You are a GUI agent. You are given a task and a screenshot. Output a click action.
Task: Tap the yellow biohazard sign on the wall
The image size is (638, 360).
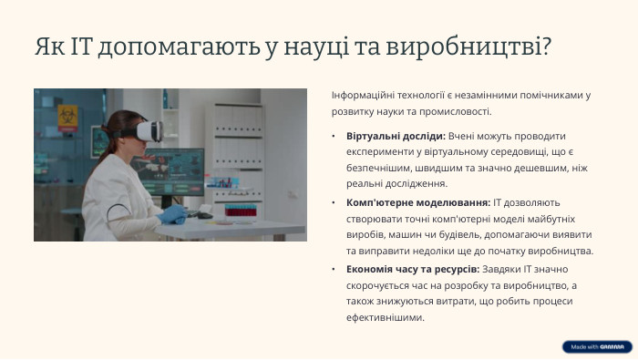pyautogui.click(x=67, y=116)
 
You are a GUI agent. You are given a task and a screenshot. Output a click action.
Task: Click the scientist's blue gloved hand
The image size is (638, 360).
pyautogui.click(x=171, y=214)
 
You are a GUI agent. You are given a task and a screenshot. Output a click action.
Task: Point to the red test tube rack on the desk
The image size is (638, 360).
pyautogui.click(x=240, y=218)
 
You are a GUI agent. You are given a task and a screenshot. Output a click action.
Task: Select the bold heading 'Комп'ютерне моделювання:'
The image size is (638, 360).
pyautogui.click(x=418, y=201)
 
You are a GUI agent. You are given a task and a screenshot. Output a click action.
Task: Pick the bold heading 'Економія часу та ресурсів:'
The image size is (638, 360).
pyautogui.click(x=412, y=269)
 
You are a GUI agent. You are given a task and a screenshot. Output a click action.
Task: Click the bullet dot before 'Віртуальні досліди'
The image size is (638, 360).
pyautogui.click(x=335, y=135)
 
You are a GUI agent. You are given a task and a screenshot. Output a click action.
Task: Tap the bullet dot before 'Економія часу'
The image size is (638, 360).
pyautogui.click(x=335, y=269)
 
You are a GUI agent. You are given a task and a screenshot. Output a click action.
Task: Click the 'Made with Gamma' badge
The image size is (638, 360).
pyautogui.click(x=596, y=346)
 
